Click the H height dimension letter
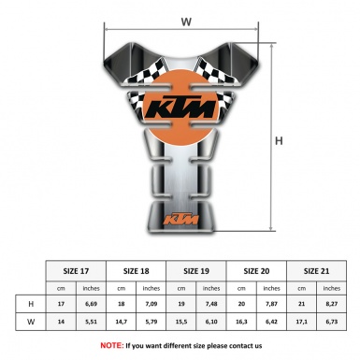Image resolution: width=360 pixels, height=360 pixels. click(x=278, y=141)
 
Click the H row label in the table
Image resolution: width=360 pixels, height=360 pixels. click(x=31, y=304)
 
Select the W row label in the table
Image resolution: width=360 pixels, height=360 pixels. click(x=31, y=322)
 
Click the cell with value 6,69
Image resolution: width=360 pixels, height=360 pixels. click(x=92, y=304)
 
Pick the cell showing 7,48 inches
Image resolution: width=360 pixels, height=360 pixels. click(x=212, y=304)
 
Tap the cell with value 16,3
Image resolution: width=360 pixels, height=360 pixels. click(x=243, y=322)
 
